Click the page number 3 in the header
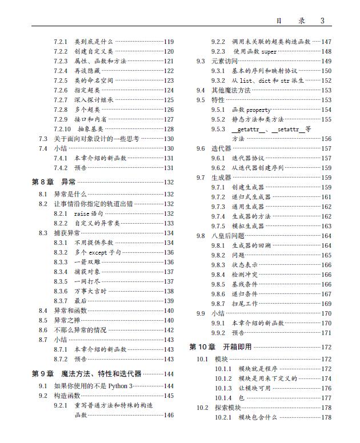tap(322, 21)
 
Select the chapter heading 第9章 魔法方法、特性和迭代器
tap(86, 374)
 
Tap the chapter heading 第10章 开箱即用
tap(220, 347)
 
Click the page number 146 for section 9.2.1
tap(169, 415)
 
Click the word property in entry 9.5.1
tap(259, 110)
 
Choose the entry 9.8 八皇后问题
tap(228, 235)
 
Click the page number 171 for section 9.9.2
tap(326, 333)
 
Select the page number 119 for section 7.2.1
tap(169, 42)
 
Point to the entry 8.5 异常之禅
tap(67, 320)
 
